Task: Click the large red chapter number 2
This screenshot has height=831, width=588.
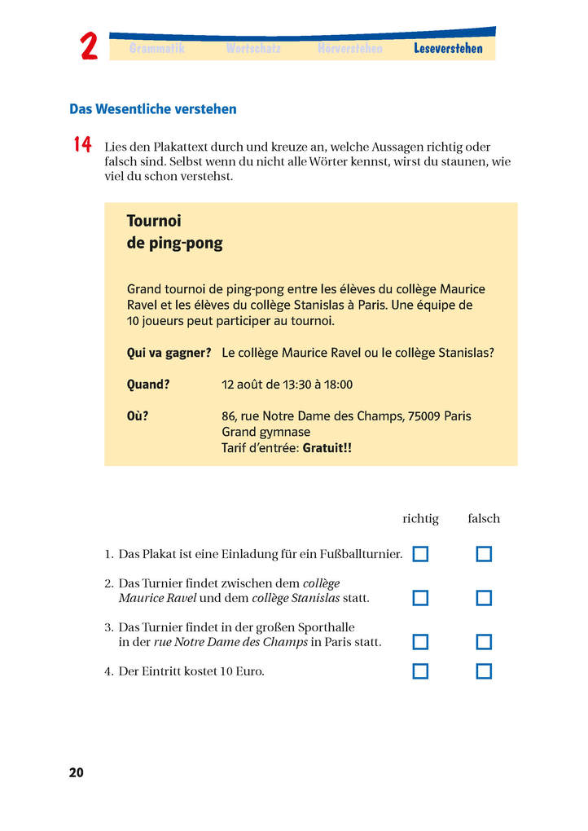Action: (x=89, y=48)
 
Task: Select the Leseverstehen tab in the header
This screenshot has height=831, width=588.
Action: (x=448, y=49)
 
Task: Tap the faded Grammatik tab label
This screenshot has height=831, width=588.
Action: (x=157, y=49)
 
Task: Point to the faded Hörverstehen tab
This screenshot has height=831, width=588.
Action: (x=349, y=49)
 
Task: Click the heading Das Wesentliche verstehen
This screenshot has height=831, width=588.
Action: (x=153, y=108)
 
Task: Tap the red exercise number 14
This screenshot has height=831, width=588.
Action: (x=81, y=145)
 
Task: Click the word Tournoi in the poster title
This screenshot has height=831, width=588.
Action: (x=154, y=221)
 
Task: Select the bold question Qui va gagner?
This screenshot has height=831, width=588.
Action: (x=169, y=353)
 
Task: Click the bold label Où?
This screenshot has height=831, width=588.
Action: (x=138, y=415)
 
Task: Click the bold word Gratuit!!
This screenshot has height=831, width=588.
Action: (x=327, y=448)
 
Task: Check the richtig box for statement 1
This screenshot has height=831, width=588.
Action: (x=420, y=554)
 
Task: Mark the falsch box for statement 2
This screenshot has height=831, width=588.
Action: (x=484, y=598)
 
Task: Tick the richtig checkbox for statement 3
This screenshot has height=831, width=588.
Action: (x=420, y=642)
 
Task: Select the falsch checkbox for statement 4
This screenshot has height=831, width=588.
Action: (x=484, y=671)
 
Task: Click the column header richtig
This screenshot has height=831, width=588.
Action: (x=420, y=518)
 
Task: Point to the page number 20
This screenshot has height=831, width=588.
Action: (x=76, y=773)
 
